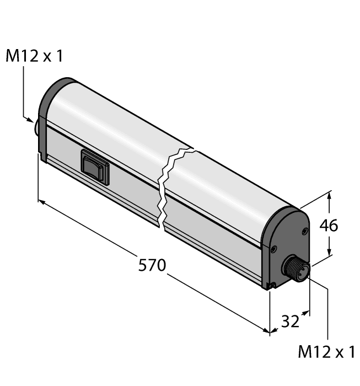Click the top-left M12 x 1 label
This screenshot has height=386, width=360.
click(x=34, y=56)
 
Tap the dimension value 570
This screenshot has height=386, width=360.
click(x=152, y=265)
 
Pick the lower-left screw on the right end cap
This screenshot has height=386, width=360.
click(x=273, y=250)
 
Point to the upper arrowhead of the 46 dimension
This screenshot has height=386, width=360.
click(x=330, y=194)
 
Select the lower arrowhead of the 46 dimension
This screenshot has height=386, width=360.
click(x=330, y=254)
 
